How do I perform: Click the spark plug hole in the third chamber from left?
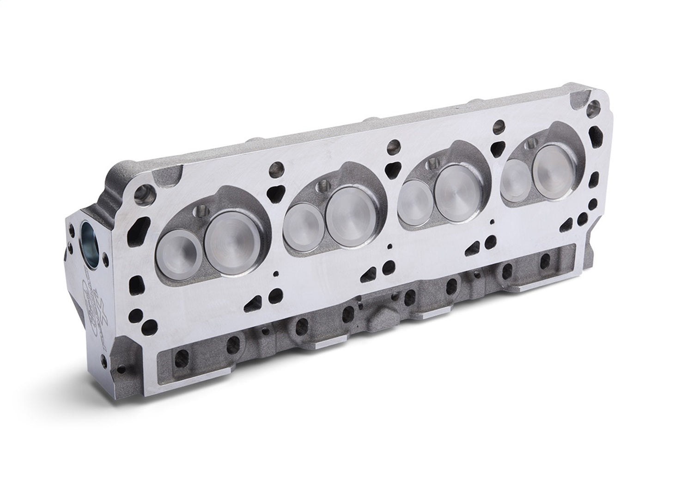click(x=432, y=163)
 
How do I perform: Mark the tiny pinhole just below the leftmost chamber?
click(x=276, y=273)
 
